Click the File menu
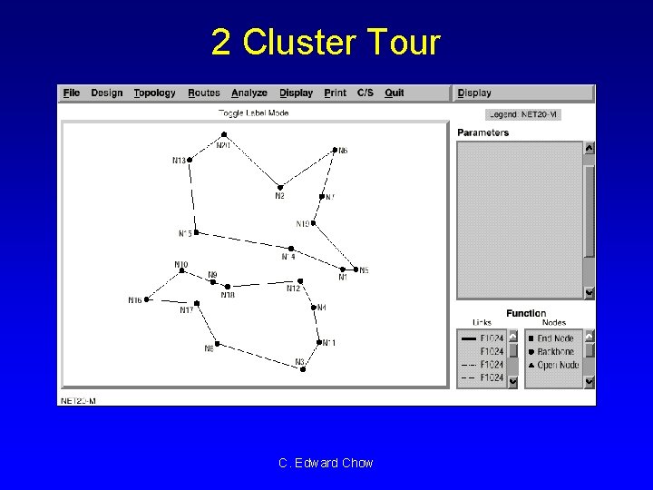click(x=72, y=93)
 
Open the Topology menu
click(x=154, y=93)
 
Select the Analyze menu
click(x=249, y=93)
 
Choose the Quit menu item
click(x=394, y=93)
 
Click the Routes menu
click(x=204, y=93)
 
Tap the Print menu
click(x=335, y=93)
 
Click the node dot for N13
click(x=190, y=160)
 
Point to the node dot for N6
click(x=335, y=150)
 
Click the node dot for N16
click(x=147, y=299)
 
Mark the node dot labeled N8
click(x=217, y=343)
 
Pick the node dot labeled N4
click(x=314, y=308)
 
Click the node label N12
click(x=293, y=289)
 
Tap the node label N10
click(x=181, y=265)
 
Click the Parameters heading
click(x=482, y=132)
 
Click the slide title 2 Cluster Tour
click(x=326, y=42)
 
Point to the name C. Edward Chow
click(x=326, y=463)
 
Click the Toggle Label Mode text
click(x=253, y=113)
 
